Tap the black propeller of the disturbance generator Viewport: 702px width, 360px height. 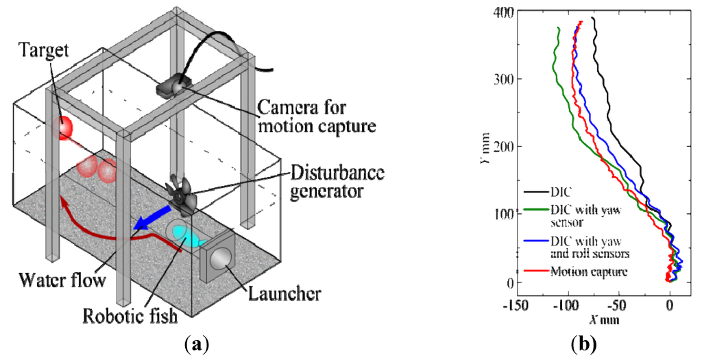[182, 195]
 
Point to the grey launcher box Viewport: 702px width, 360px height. [218, 259]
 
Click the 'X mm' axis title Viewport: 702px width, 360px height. [601, 319]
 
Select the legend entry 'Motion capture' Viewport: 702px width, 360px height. [590, 272]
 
